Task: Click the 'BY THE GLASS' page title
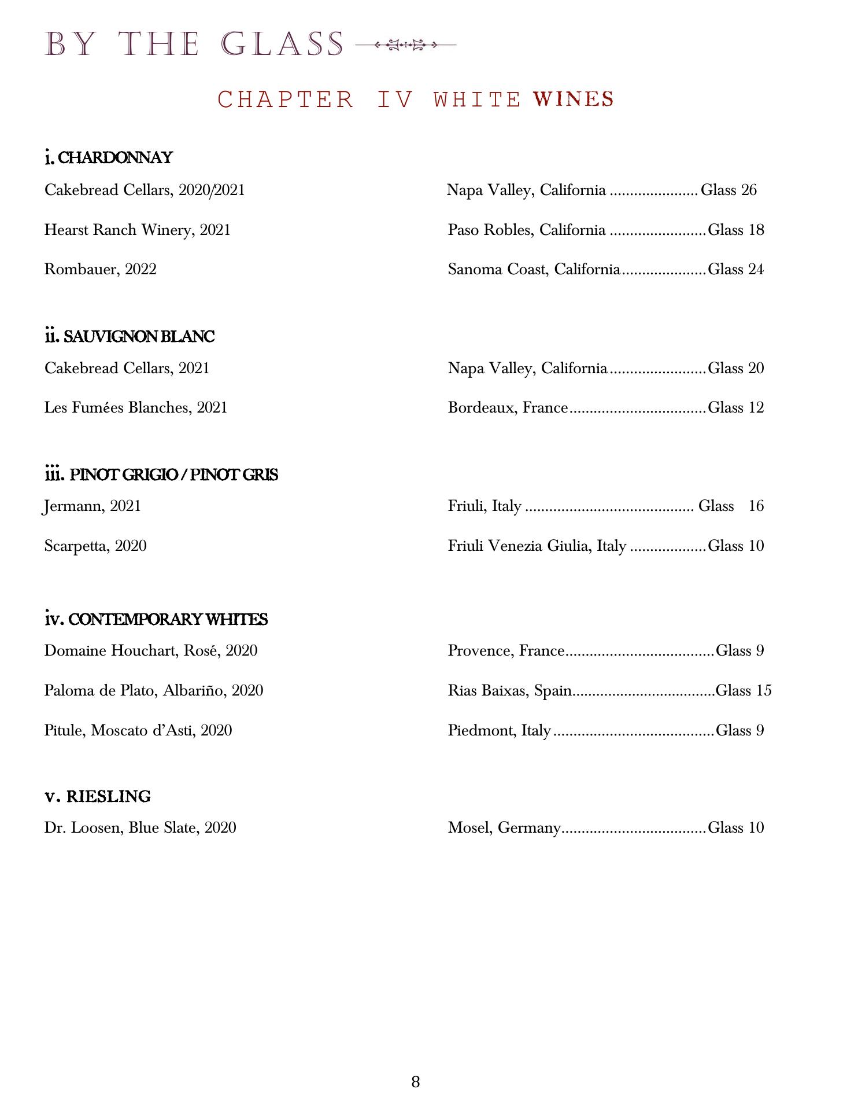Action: pos(194,44)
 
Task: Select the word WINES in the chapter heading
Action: pos(574,99)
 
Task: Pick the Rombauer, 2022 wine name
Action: pos(100,270)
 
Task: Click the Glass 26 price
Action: pos(728,190)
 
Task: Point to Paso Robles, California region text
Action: pos(526,230)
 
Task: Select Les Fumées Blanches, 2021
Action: pos(136,408)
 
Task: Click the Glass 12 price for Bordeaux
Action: pos(735,408)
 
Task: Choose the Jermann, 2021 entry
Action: pos(93,506)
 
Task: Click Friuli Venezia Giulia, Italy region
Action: pos(537,546)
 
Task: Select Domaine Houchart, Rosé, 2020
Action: pos(151,651)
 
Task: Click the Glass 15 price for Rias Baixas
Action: pos(743,691)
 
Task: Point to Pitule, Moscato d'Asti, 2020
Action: pos(138,731)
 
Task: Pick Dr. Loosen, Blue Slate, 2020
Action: pos(140,828)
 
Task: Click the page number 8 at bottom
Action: pos(416,1082)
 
